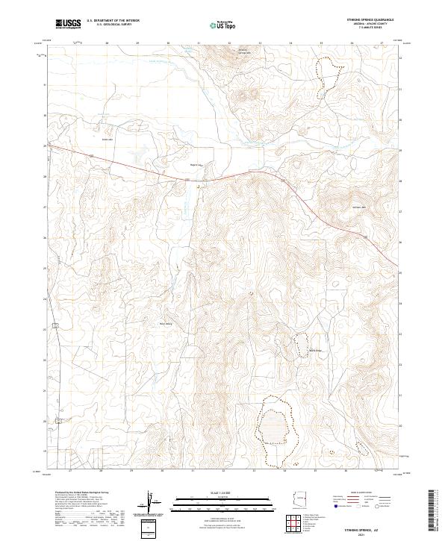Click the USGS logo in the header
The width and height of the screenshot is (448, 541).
(x=68, y=24)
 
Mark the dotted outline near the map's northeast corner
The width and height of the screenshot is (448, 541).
(x=326, y=78)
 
